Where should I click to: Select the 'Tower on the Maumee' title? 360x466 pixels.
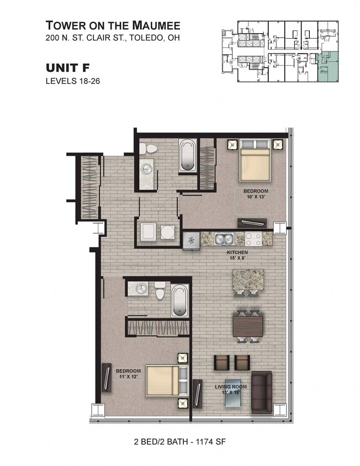(113, 25)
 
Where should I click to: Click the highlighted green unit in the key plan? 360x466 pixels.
(329, 67)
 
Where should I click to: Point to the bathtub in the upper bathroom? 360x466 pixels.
(187, 155)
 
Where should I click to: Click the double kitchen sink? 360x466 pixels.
(225, 239)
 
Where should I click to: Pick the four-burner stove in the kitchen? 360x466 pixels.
(253, 239)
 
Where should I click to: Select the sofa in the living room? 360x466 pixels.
(262, 392)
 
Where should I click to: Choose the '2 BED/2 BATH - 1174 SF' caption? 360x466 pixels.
(179, 442)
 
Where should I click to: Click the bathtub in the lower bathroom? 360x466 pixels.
(179, 300)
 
